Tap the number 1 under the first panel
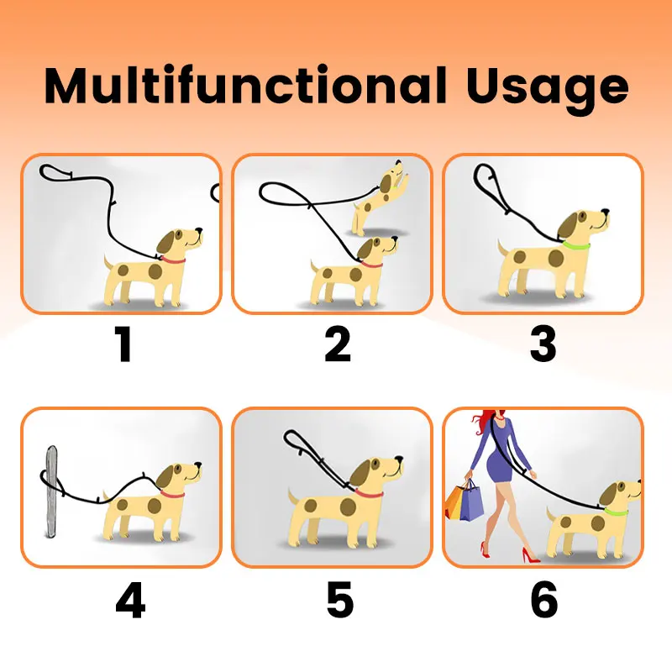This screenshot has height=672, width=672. pyautogui.click(x=123, y=345)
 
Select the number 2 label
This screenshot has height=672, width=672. pyautogui.click(x=337, y=345)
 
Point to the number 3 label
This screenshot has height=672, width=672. pyautogui.click(x=543, y=345)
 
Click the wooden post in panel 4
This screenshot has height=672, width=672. pyautogui.click(x=50, y=491)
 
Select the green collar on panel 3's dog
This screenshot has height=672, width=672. pyautogui.click(x=575, y=246)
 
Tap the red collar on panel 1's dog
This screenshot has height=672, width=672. pyautogui.click(x=172, y=259)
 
